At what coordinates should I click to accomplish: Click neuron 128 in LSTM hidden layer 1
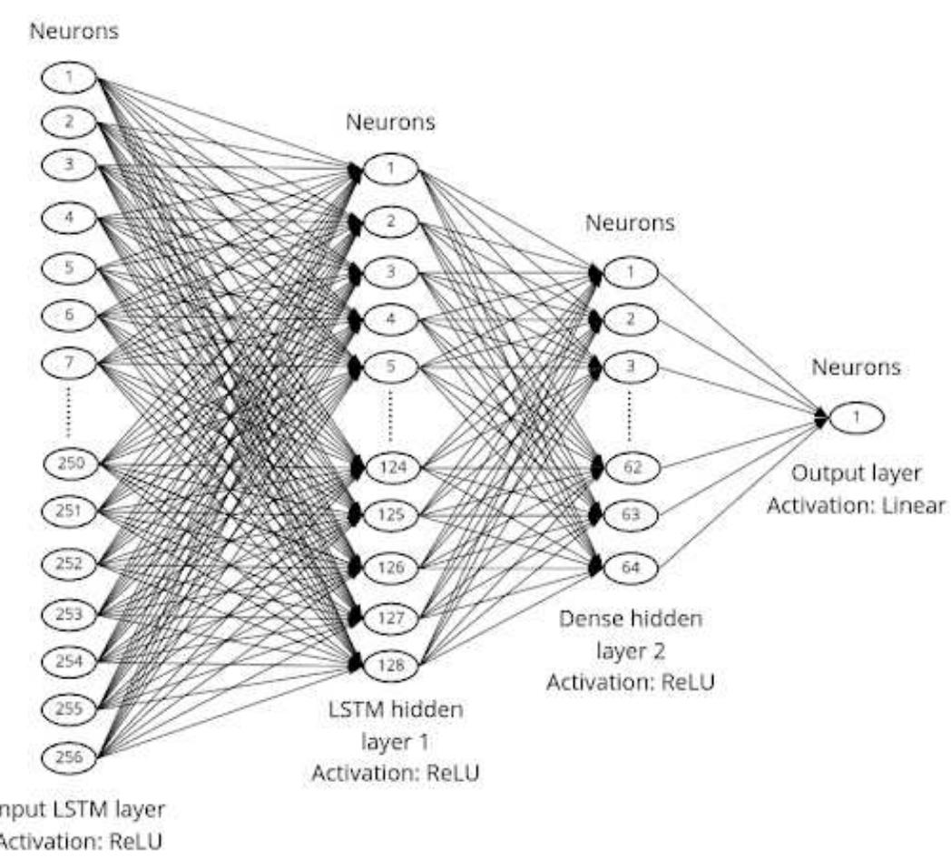[x=390, y=665]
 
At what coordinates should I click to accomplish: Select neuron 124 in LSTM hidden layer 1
[x=390, y=469]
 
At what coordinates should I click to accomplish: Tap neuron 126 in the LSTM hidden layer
[x=390, y=568]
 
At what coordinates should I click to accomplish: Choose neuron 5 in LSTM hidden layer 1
[x=390, y=368]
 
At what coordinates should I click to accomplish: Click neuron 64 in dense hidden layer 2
[x=630, y=567]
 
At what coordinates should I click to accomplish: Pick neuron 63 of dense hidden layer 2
[x=630, y=516]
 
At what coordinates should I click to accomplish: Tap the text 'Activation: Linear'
[x=856, y=506]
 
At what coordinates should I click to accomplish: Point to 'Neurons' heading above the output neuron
[x=856, y=368]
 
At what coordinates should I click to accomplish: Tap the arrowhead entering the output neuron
[x=821, y=418]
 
